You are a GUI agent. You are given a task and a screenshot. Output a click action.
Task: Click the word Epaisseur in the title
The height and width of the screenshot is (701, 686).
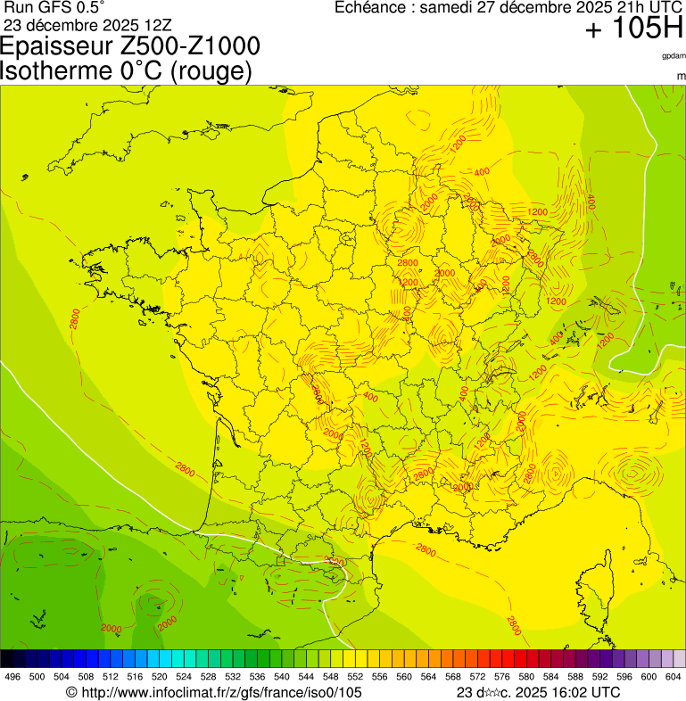click(62, 47)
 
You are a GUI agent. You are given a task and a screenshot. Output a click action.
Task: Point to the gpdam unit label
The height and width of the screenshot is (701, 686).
click(674, 56)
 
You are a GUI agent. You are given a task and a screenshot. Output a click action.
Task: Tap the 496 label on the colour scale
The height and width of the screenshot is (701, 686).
click(12, 677)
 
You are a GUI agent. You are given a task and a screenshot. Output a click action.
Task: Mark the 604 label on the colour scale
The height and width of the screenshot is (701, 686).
click(673, 677)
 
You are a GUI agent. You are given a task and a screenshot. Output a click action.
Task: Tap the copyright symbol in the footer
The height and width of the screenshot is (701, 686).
click(72, 692)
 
